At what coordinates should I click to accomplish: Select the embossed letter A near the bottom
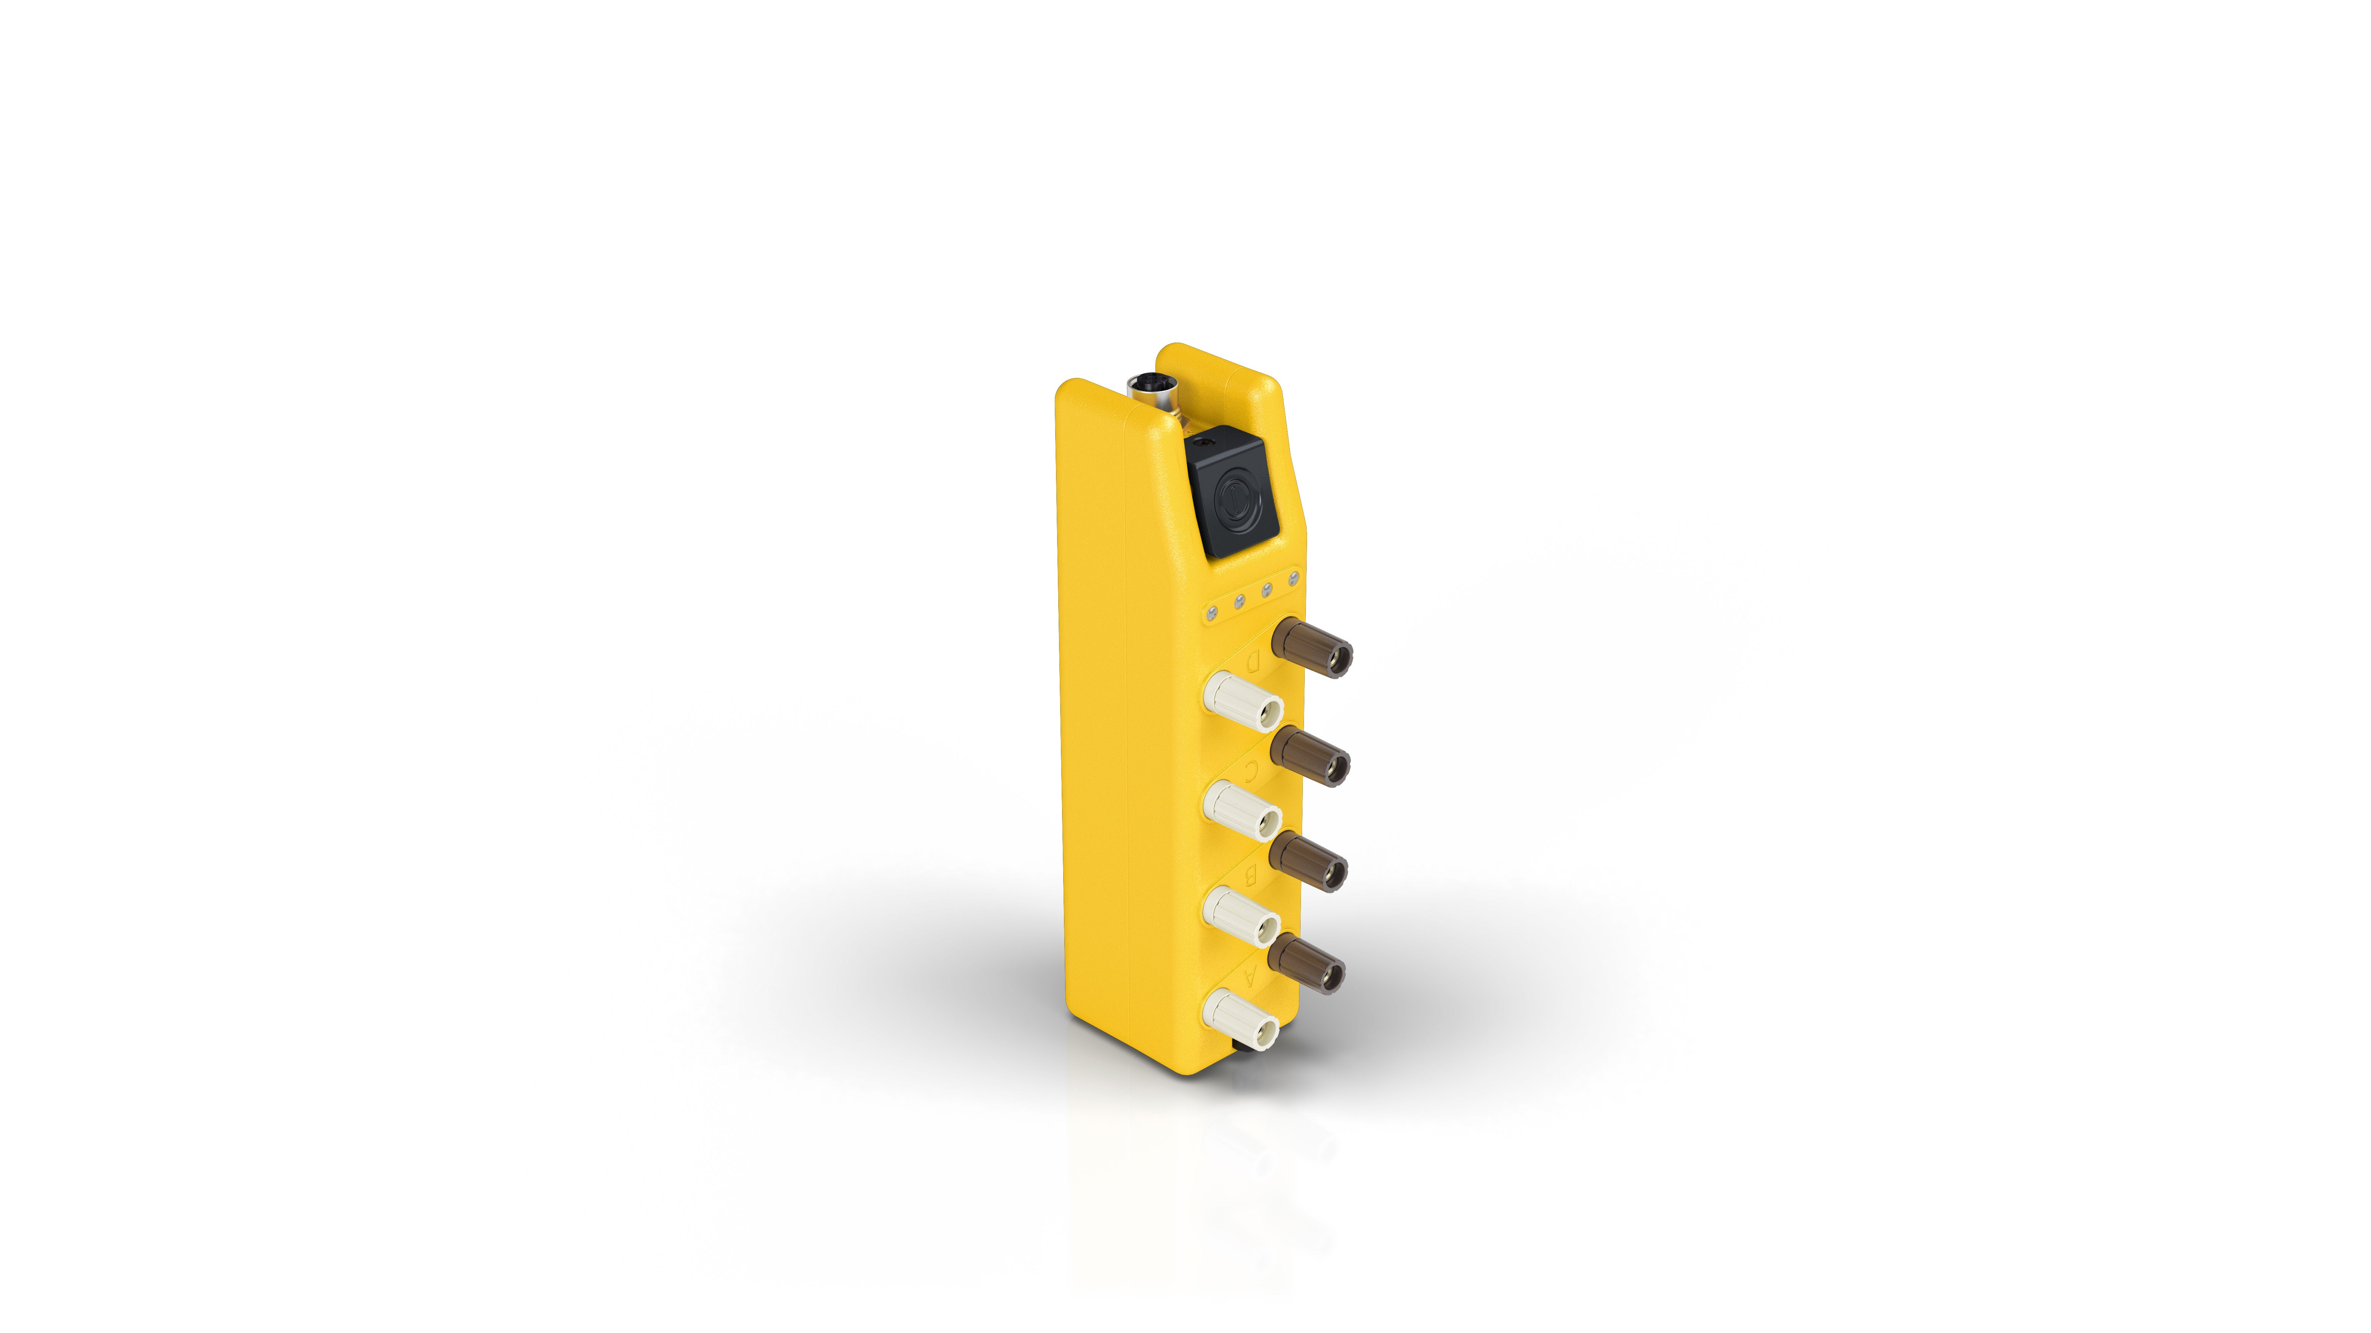1249,977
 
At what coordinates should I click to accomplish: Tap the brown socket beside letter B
1310,863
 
